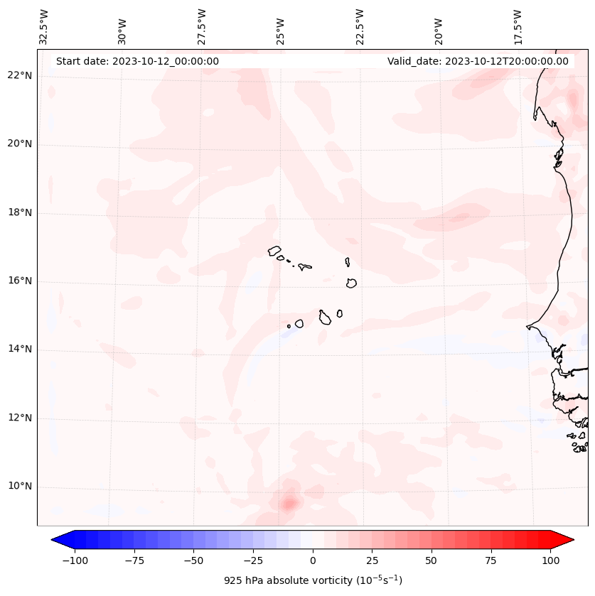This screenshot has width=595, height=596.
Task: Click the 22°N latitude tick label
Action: [x=19, y=76]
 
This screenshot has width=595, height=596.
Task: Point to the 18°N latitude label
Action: [x=19, y=212]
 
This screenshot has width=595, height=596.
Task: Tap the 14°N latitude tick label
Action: [x=19, y=349]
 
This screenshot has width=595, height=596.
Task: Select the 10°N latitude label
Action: [x=19, y=487]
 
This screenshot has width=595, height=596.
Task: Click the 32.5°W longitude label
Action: [x=44, y=27]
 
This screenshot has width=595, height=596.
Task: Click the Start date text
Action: [x=137, y=61]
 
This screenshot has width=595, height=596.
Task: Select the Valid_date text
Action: [x=478, y=61]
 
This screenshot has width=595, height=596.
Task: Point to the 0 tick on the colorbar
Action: [x=313, y=560]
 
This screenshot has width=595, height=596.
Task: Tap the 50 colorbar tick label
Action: [x=431, y=560]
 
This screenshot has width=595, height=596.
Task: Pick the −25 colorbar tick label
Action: [x=253, y=560]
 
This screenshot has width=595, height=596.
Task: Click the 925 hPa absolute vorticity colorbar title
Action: [x=313, y=580]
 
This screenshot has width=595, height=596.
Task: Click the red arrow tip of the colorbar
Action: [x=567, y=540]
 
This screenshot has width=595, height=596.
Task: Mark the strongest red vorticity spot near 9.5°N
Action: [x=288, y=504]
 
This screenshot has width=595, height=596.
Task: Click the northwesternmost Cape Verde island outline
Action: [x=274, y=251]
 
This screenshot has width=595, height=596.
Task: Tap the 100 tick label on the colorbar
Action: [x=550, y=560]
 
